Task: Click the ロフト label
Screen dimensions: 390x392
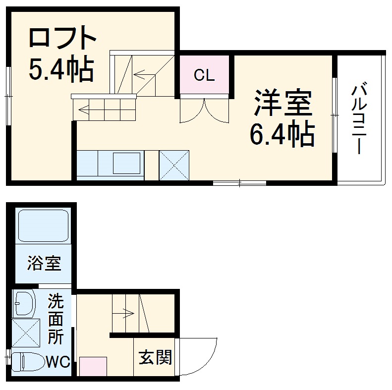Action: click(x=60, y=37)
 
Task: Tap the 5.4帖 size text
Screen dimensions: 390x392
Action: click(x=60, y=70)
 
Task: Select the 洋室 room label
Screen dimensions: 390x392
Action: click(x=283, y=103)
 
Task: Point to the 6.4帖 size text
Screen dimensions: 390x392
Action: click(x=282, y=134)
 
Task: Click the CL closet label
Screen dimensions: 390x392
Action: click(x=204, y=75)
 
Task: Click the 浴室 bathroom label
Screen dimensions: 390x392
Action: click(x=45, y=263)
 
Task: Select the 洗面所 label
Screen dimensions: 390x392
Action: click(x=56, y=319)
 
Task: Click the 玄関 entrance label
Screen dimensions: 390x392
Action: click(x=156, y=357)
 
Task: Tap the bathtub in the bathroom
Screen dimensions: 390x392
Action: click(x=43, y=225)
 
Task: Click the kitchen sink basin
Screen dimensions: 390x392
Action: click(x=126, y=163)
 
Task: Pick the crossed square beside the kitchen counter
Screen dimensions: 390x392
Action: click(x=174, y=165)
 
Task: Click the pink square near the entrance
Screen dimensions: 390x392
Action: click(x=93, y=366)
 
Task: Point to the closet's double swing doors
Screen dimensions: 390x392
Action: click(x=204, y=110)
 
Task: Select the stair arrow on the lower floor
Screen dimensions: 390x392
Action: click(x=124, y=313)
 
